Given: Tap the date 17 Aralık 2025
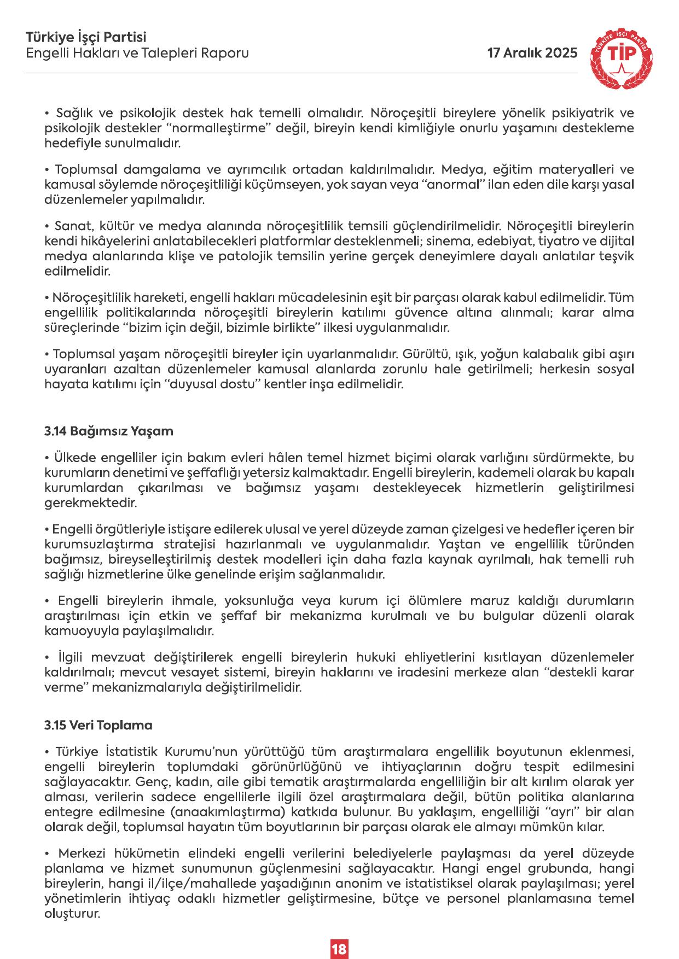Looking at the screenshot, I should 532,53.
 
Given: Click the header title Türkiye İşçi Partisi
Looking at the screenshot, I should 86,38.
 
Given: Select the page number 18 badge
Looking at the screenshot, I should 339,933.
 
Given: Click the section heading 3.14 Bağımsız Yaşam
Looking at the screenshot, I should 109,431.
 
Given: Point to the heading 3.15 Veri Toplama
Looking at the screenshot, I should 98,726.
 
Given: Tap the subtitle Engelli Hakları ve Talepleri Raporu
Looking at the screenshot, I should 137,53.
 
